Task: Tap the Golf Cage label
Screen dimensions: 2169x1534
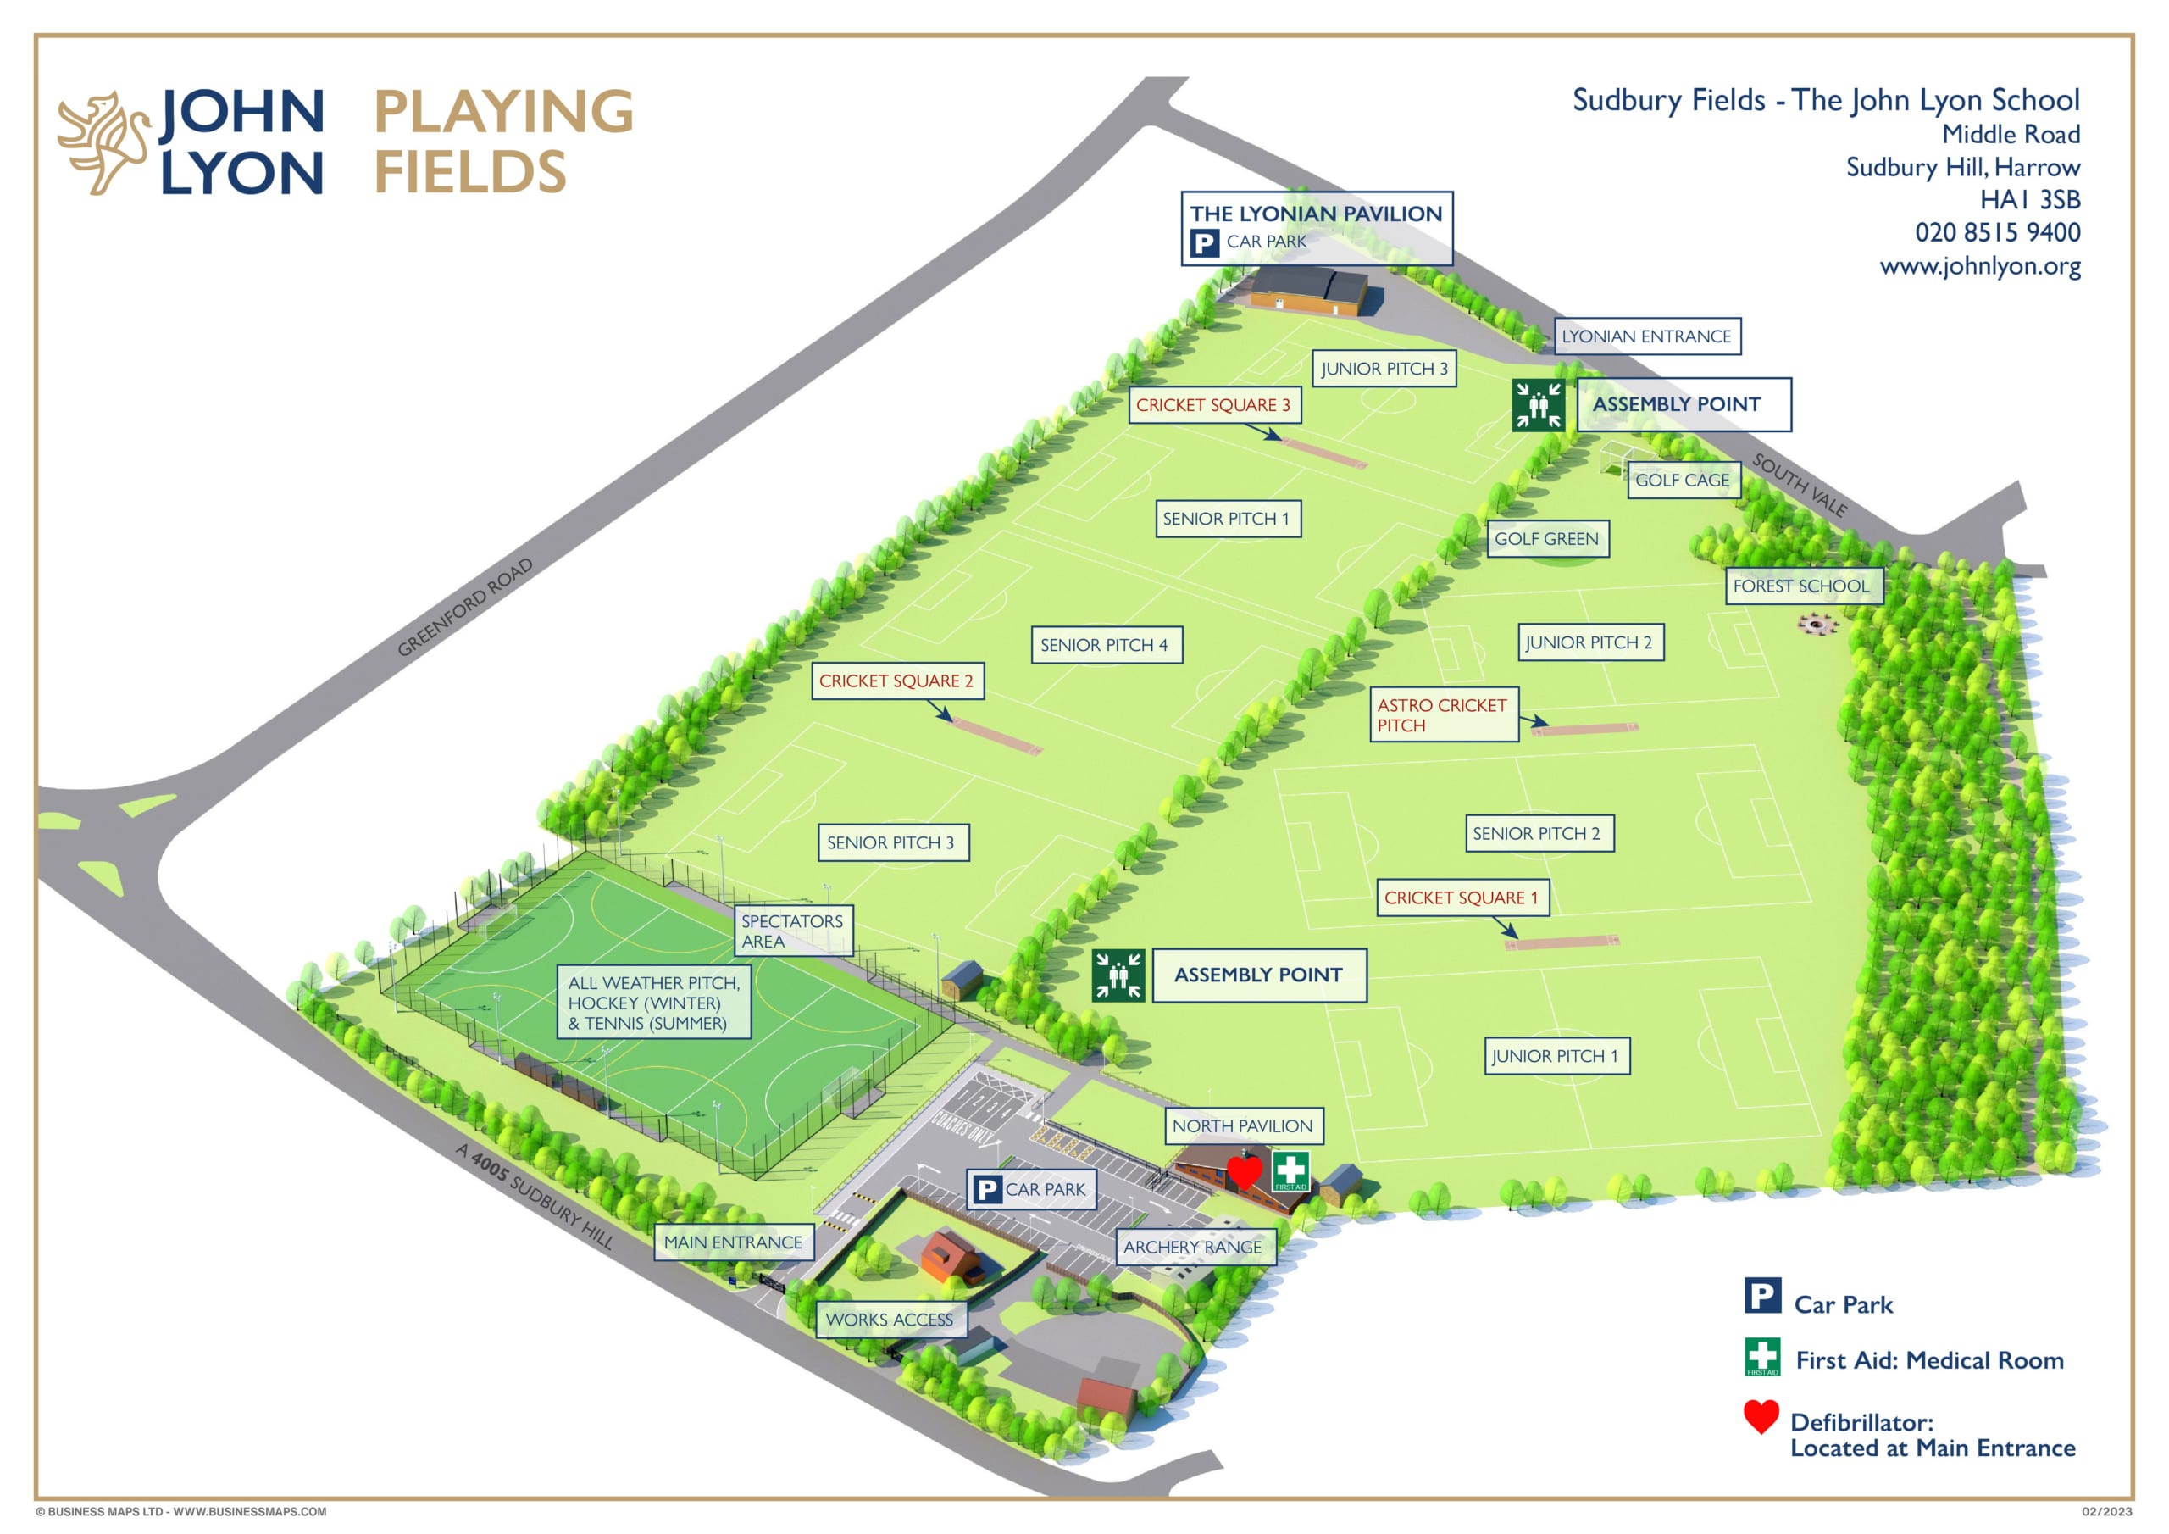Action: coord(1683,481)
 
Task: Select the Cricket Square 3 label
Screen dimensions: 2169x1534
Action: coord(1214,404)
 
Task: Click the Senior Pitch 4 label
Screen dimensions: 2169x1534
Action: coord(1107,646)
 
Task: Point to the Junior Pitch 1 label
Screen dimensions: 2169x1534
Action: coord(1556,1056)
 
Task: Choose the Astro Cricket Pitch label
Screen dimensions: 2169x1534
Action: coord(1445,714)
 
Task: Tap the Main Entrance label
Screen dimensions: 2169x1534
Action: coord(733,1242)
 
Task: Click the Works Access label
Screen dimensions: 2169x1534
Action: coord(890,1320)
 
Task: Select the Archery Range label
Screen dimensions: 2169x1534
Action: coord(1194,1247)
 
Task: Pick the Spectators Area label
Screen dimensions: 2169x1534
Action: coord(794,931)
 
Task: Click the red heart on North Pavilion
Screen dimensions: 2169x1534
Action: coord(1244,1172)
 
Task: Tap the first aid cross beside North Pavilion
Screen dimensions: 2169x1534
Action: coord(1290,1171)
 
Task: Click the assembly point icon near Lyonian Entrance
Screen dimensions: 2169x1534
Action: coord(1538,405)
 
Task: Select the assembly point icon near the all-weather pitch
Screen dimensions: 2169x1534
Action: coord(1118,975)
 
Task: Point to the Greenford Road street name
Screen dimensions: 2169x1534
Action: coord(465,608)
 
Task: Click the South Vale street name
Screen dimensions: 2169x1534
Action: coord(1800,484)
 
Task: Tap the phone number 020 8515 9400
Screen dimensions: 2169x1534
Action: coord(1997,232)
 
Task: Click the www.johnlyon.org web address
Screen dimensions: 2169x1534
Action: coord(1980,265)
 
